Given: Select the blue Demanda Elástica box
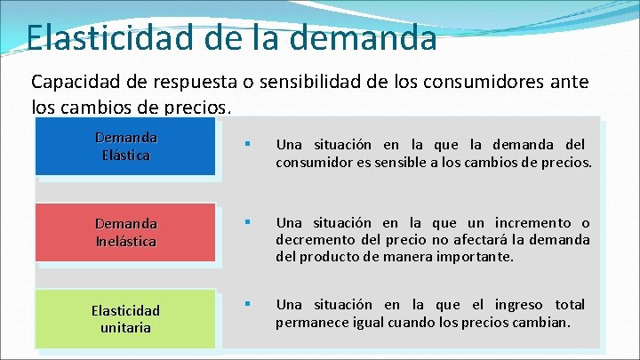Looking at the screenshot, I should pos(125,147).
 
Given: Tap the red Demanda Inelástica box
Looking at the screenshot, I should pos(125,232).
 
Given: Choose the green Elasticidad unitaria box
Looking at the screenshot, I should pos(125,318).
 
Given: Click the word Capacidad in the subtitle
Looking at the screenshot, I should pos(76,83).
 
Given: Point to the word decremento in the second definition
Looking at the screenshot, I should pos(315,240).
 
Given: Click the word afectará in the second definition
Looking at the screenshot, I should pos(463,240).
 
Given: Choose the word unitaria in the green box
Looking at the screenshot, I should pos(125,327).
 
